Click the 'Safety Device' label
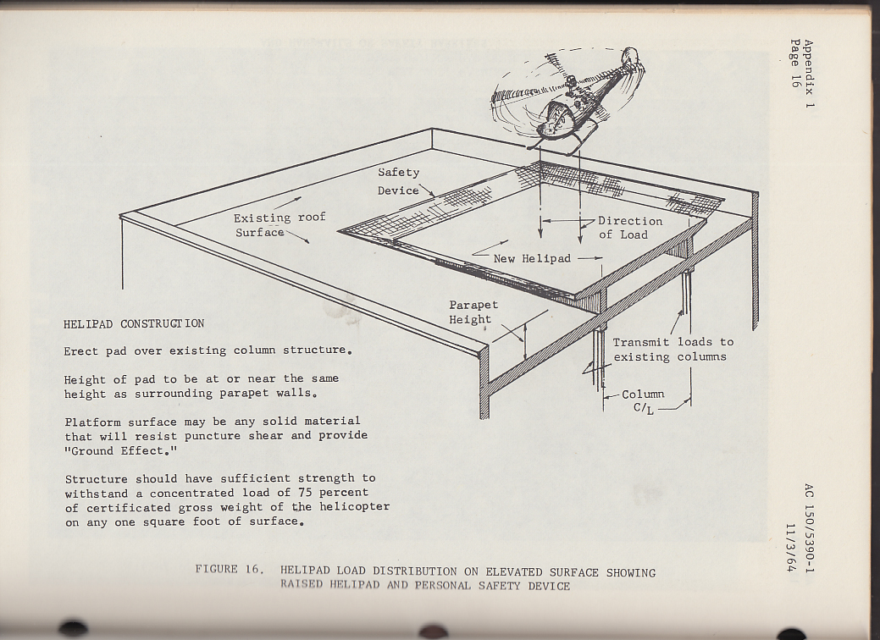398,181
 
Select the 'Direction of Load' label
629,228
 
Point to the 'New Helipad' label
533,258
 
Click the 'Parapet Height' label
473,312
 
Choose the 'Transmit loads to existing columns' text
672,350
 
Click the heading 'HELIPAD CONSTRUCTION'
134,323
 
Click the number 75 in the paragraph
306,492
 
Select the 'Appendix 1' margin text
808,77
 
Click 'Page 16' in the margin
794,63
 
